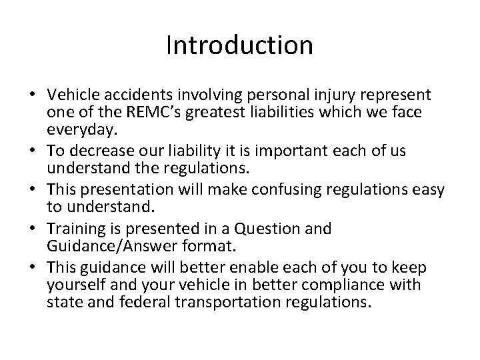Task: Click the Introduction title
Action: coord(239,45)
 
